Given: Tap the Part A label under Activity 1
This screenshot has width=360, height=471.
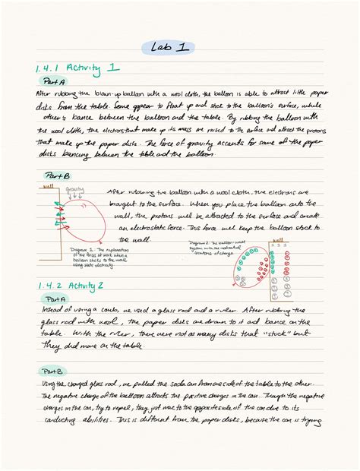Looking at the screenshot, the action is point(55,80).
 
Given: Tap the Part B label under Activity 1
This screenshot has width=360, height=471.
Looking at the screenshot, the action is point(55,176).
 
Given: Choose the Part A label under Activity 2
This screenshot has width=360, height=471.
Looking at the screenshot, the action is point(55,299).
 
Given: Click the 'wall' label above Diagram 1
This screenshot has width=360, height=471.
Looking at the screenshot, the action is point(49,186).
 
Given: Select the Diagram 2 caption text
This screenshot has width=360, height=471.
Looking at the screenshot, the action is point(212,245).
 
